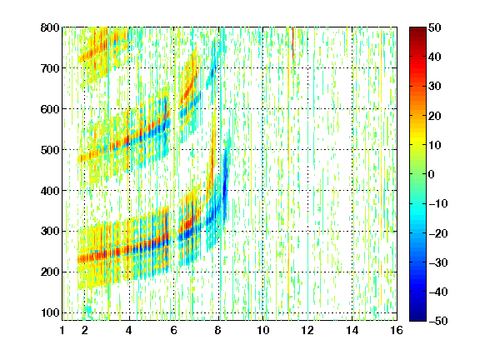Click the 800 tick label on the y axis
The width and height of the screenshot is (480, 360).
pos(50,27)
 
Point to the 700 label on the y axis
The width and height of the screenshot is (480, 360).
pos(50,68)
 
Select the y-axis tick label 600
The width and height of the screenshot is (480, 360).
pos(50,109)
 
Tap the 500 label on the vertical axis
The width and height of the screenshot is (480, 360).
pos(50,150)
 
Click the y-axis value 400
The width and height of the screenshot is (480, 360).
pos(50,191)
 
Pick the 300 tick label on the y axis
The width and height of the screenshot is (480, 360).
pos(50,231)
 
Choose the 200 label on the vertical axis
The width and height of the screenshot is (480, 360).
pos(50,272)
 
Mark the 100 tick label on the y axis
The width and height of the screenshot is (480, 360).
pos(50,312)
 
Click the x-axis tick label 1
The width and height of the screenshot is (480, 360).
pos(62,330)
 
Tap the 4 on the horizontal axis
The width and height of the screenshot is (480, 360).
pos(129,330)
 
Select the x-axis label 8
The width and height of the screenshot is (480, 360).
pos(218,330)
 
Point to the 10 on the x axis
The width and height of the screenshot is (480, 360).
pos(262,330)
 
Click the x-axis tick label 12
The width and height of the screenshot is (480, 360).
pos(307,330)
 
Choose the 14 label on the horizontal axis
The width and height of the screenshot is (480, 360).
pos(352,330)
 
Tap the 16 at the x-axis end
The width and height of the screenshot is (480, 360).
pos(397,330)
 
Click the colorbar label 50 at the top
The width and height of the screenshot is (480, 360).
pos(434,27)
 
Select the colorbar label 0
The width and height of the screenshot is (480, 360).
pos(432,174)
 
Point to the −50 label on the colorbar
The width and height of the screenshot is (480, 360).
pos(438,321)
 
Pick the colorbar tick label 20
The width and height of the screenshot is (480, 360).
pos(434,116)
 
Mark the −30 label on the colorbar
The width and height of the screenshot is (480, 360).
pos(438,262)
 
